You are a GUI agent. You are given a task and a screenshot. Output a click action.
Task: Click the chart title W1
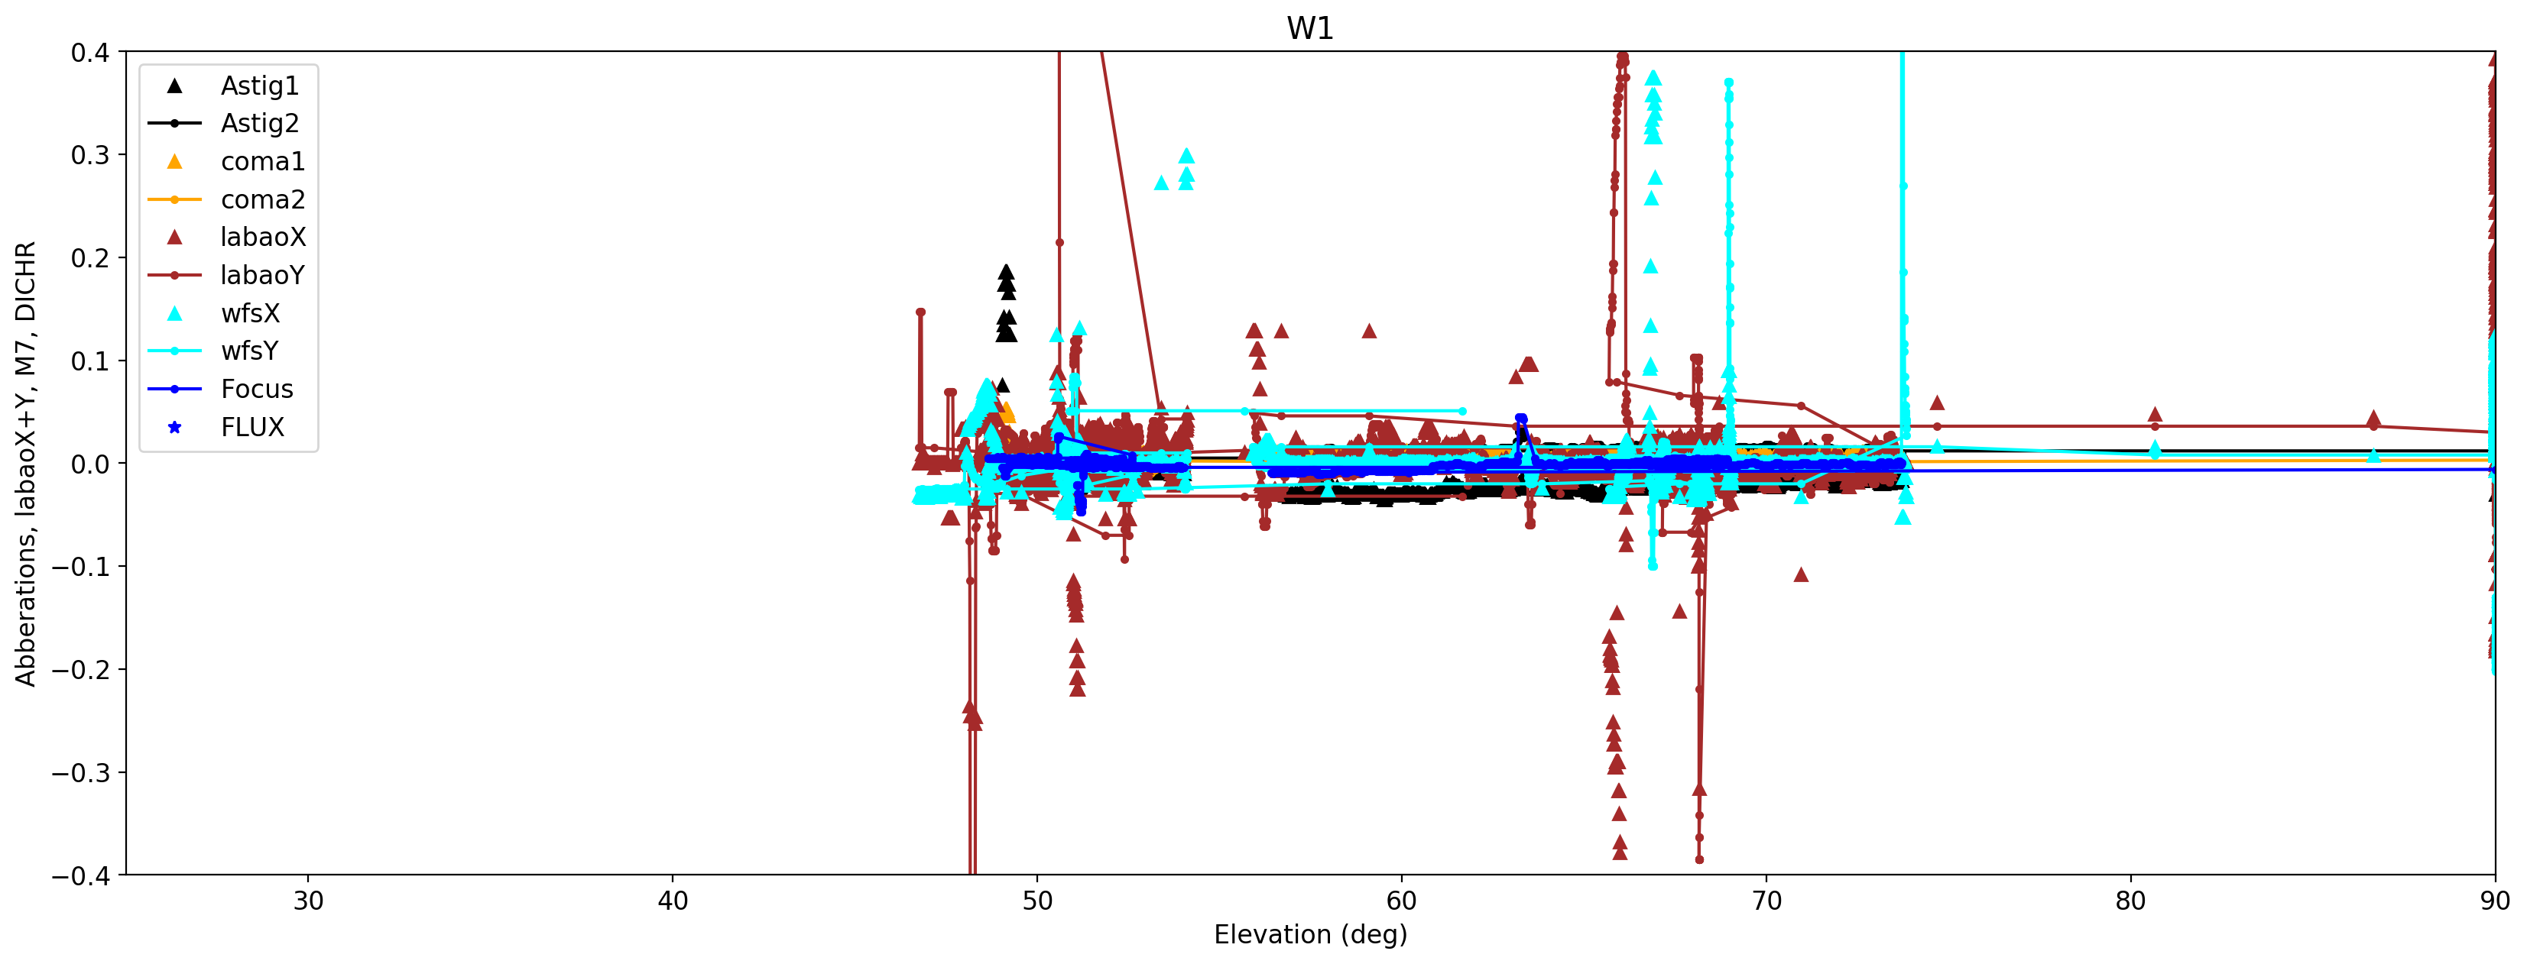(1309, 28)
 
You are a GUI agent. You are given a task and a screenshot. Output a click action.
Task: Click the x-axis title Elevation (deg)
(1309, 934)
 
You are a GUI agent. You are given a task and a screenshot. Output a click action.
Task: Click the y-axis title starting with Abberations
(25, 463)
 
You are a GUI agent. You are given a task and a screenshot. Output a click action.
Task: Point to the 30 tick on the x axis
(308, 901)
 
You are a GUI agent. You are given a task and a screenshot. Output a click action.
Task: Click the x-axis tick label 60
(1402, 901)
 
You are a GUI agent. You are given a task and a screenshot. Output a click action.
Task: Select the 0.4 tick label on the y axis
(90, 53)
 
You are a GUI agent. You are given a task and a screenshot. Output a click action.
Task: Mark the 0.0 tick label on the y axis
(90, 464)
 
